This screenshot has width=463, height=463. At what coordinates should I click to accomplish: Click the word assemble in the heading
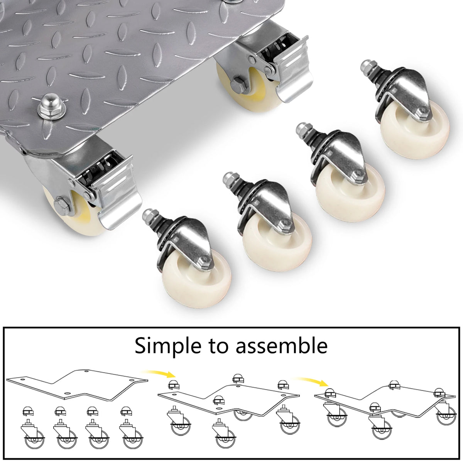point(281,345)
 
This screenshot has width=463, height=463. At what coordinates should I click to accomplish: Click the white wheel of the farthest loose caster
point(415,130)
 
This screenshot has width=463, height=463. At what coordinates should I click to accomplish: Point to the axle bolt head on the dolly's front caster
point(61,206)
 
